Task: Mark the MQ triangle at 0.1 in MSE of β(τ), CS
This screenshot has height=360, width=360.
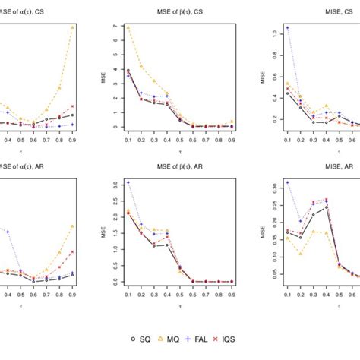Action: coord(128,27)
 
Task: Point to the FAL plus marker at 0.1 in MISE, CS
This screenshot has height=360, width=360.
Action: coord(287,27)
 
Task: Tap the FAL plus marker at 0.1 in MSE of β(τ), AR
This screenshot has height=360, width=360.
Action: coord(128,183)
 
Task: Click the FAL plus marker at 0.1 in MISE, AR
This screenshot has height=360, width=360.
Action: coord(287,183)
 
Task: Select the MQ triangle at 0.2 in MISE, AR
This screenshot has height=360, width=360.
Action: coord(301,254)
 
